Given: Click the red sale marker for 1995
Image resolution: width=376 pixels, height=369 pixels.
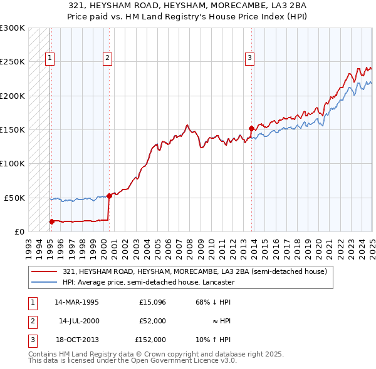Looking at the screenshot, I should click(x=51, y=221).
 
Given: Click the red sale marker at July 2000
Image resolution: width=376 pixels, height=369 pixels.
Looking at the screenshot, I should click(x=109, y=196).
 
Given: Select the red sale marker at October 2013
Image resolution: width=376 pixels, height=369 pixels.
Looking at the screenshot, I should click(x=251, y=128).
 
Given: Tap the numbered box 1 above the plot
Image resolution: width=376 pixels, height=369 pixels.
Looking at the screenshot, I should click(x=50, y=58).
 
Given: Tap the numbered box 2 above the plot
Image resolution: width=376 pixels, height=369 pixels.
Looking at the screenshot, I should click(x=108, y=58).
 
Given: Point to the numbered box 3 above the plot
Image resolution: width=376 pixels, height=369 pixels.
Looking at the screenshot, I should click(x=249, y=58).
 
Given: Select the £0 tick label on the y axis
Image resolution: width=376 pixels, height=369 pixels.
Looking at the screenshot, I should click(x=19, y=231).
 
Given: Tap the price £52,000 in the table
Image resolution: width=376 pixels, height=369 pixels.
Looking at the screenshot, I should click(x=152, y=321).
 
